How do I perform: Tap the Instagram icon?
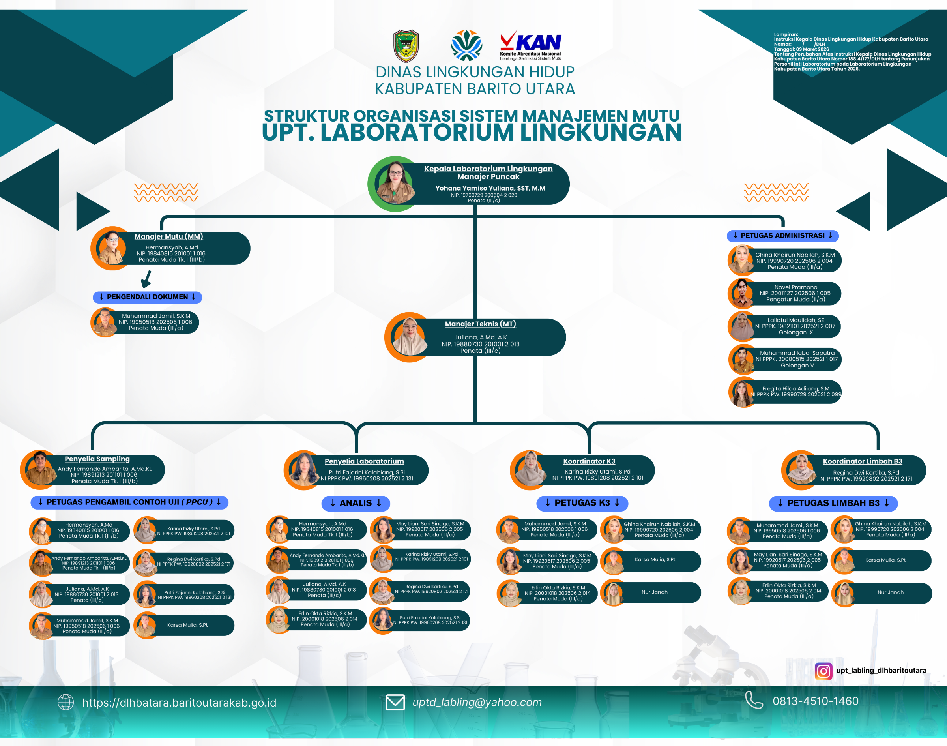[823, 671]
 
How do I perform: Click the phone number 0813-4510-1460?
[815, 701]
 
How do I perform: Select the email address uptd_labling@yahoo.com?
[477, 702]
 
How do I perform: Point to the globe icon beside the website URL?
[66, 702]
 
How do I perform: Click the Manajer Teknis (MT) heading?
[480, 324]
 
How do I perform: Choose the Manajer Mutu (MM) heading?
[168, 237]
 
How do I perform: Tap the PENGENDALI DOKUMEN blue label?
[147, 297]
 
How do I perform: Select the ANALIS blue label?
[356, 503]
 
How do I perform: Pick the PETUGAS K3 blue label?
[582, 503]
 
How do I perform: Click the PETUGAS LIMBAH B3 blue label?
[833, 503]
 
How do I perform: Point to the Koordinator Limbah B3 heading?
[862, 461]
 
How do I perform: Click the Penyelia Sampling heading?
[97, 459]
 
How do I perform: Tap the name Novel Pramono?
[795, 287]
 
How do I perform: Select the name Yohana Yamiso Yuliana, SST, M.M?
[490, 188]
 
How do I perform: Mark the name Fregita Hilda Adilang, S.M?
[795, 388]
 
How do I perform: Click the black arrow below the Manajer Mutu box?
[147, 279]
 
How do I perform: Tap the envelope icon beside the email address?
[395, 702]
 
